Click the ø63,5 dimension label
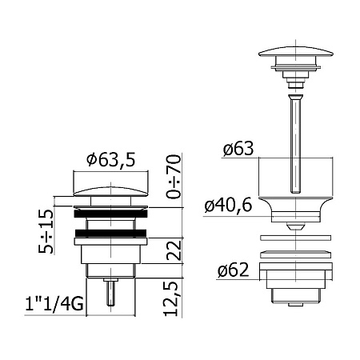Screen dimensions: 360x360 pyautogui.click(x=111, y=160)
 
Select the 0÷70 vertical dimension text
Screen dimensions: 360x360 pyautogui.click(x=174, y=176)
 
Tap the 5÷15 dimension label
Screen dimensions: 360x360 pyautogui.click(x=46, y=231)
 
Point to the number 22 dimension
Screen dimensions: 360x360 pyautogui.click(x=174, y=250)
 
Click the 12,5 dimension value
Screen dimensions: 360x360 pyautogui.click(x=171, y=298)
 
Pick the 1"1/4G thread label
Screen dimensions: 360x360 pyautogui.click(x=54, y=304)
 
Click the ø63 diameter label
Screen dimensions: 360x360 pyautogui.click(x=238, y=148)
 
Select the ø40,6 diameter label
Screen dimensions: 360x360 pyautogui.click(x=228, y=206)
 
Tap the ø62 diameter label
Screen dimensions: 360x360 pyautogui.click(x=234, y=270)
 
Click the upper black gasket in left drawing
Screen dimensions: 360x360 pyautogui.click(x=111, y=214)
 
